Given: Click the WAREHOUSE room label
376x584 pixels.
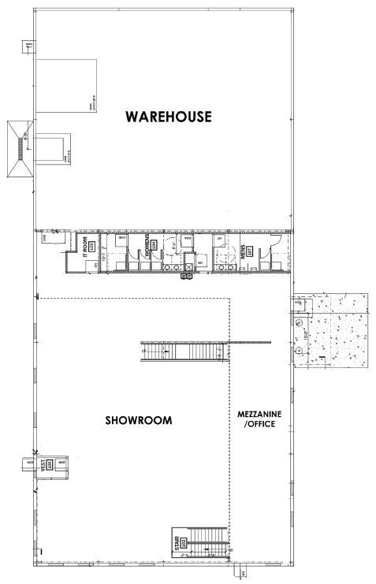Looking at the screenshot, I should point(169,117).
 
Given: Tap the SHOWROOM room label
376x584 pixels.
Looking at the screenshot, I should point(139,420).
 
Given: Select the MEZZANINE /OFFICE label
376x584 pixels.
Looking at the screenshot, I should point(258,419).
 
